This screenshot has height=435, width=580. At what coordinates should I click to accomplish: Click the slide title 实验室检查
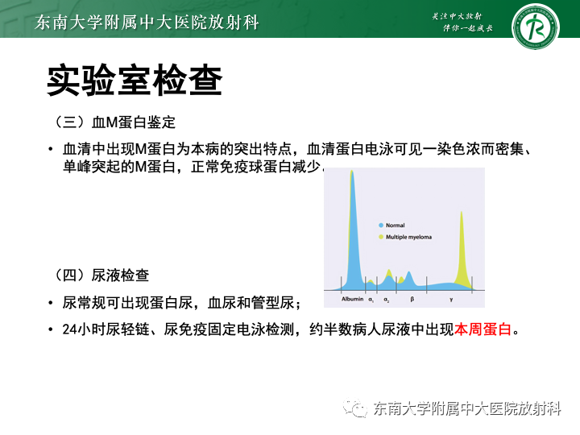pos(134,81)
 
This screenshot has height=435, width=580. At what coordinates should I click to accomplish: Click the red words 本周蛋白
pos(483,329)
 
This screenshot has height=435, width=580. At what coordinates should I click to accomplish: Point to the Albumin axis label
pos(353,299)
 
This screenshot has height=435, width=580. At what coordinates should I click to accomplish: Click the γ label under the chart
pos(451,299)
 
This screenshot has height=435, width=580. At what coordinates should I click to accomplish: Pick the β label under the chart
pos(412,299)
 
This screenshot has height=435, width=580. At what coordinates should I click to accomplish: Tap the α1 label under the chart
pos(371,299)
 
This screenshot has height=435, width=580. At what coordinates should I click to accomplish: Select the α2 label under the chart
pos(387,299)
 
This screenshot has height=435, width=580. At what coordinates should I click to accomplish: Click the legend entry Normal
pos(395,226)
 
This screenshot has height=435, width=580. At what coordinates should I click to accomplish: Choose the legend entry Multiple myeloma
pos(408,237)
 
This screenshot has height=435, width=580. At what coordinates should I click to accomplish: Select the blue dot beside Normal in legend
pos(380,226)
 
